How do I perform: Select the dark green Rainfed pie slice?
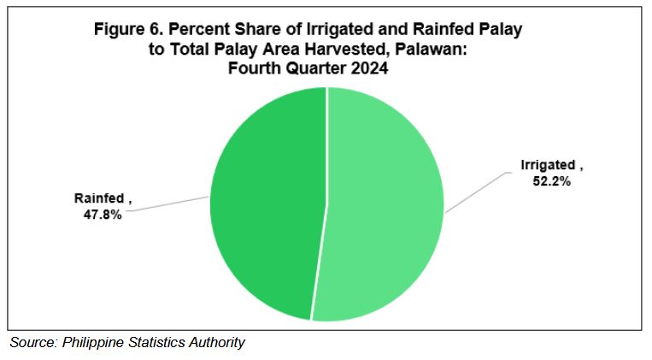tap(266, 204)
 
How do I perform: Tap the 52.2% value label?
tap(552, 181)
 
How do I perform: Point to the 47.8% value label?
tap(103, 215)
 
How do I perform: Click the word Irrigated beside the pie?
tap(548, 165)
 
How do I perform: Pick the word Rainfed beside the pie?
tap(99, 198)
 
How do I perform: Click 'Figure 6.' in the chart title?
tap(128, 30)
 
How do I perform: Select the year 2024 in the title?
tap(369, 68)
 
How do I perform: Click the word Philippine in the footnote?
tap(93, 343)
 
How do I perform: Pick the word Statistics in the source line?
tap(156, 342)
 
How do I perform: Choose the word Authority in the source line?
tap(217, 343)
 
